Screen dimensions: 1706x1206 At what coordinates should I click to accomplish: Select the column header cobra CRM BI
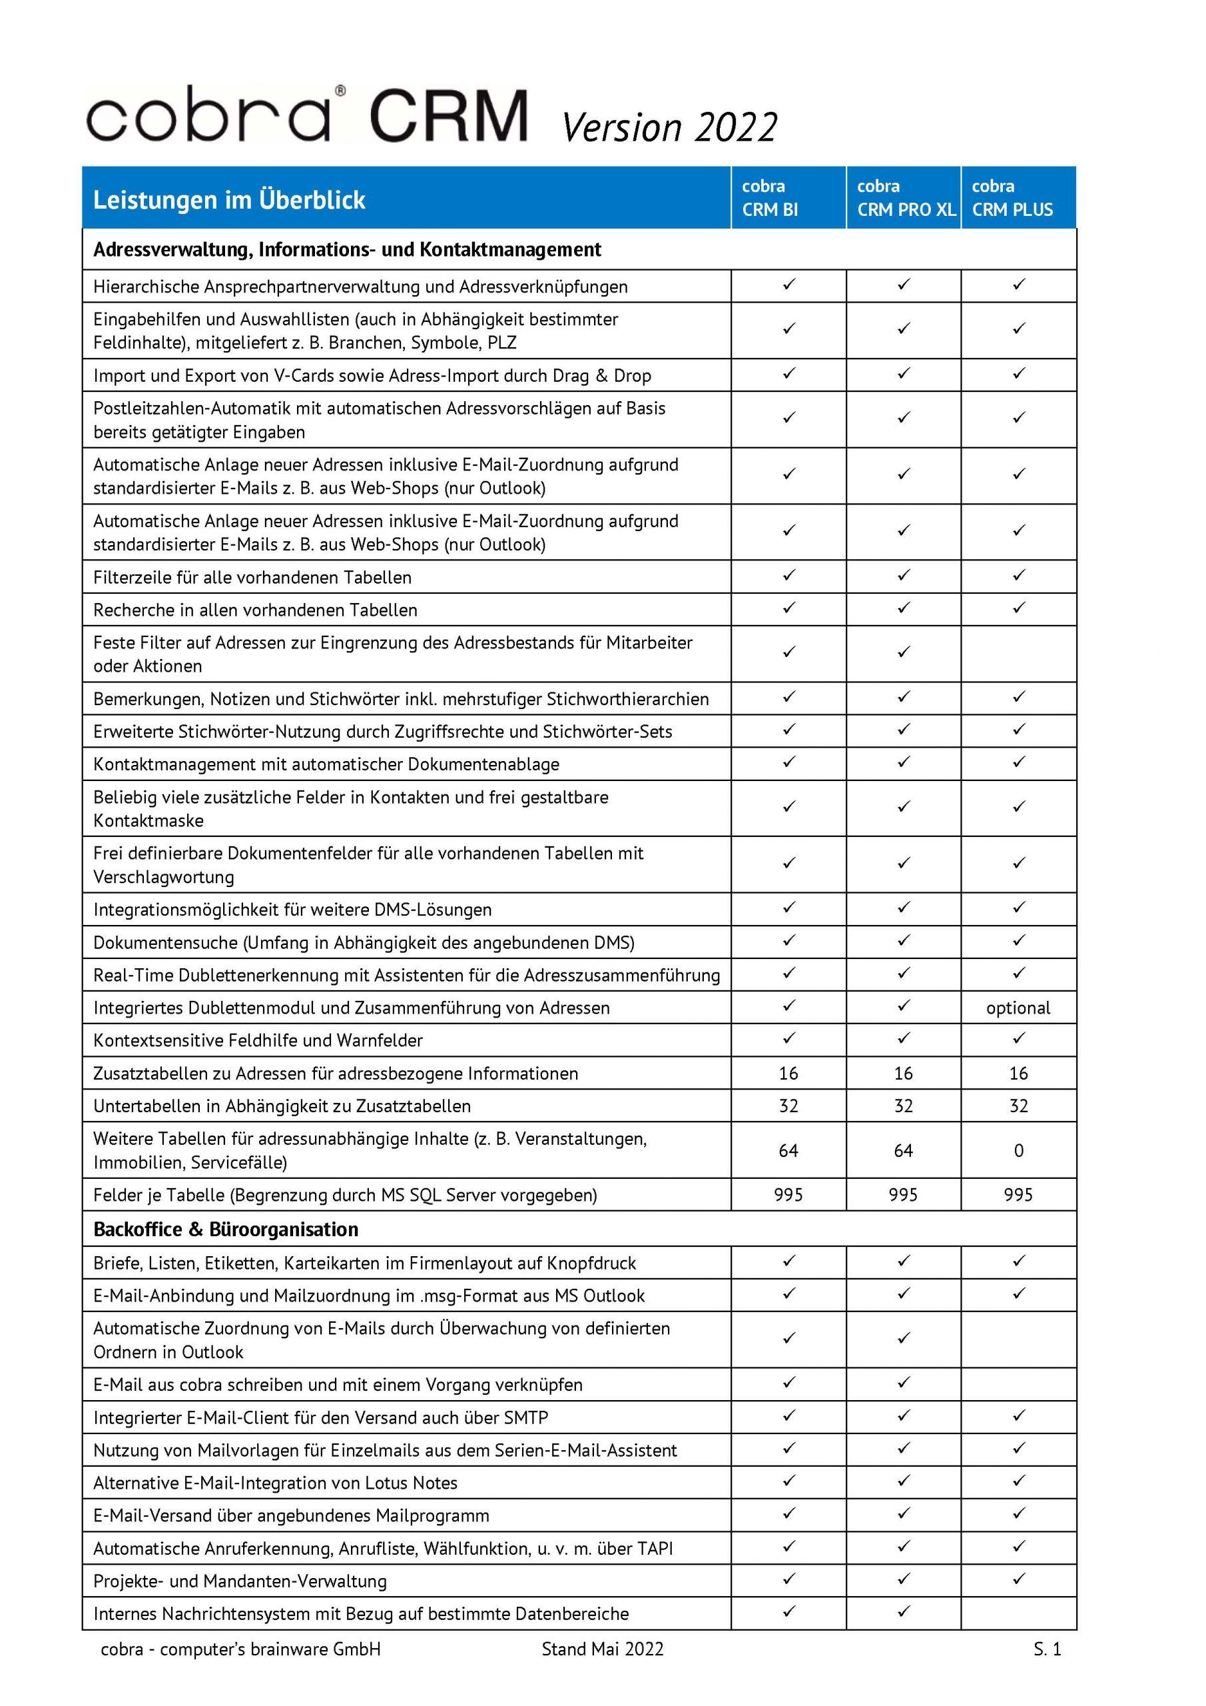point(770,198)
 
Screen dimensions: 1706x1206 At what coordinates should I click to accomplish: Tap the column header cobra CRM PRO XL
point(905,198)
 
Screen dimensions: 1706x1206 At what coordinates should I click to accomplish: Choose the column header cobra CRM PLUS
point(1012,198)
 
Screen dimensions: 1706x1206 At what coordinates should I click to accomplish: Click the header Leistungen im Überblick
point(230,200)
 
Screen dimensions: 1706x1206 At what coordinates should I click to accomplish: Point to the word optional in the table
point(1018,1008)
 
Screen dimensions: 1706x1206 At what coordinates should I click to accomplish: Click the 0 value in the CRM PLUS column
point(1018,1151)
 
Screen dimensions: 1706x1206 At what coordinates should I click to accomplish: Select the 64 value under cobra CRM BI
point(788,1151)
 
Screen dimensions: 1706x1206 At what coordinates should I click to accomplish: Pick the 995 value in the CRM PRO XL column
point(903,1195)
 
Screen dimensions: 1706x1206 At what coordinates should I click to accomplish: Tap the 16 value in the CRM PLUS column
point(1018,1074)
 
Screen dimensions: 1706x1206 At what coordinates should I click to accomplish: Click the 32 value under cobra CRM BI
point(788,1106)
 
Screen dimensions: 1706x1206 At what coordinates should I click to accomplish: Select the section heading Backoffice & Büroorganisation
point(226,1230)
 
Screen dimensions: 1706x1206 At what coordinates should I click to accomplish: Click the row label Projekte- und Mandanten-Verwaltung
point(240,1581)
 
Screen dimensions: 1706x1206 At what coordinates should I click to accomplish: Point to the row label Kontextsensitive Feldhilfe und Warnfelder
point(258,1040)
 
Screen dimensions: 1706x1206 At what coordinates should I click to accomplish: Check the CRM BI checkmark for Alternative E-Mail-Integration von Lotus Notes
point(788,1481)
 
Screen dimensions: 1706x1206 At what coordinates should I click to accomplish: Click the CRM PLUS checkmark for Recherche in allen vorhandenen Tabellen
point(1018,608)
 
